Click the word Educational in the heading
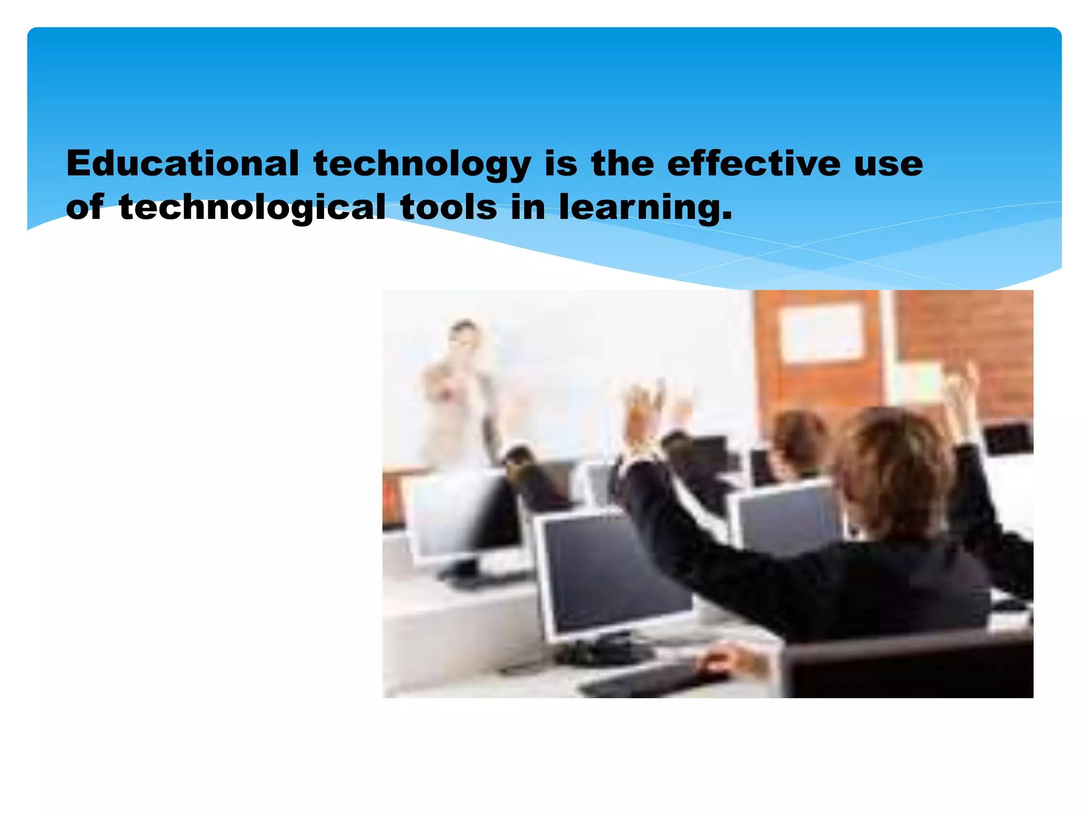(x=182, y=163)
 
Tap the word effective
(x=754, y=163)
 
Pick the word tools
(x=449, y=207)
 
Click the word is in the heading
(x=560, y=163)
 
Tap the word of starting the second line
(x=84, y=207)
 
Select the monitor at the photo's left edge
(x=462, y=513)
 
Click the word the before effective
(x=622, y=163)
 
